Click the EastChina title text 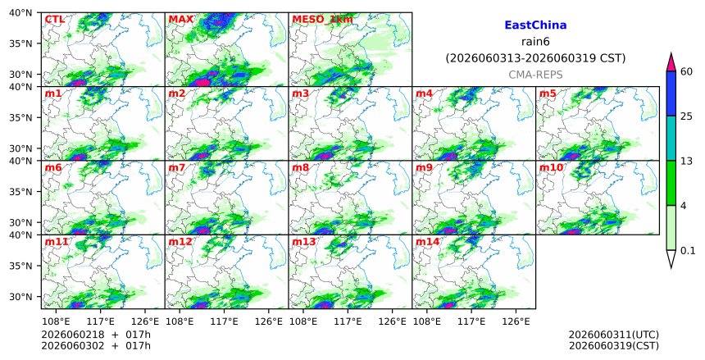click(535, 25)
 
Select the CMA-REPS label click(535, 75)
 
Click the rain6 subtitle click(535, 42)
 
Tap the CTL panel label click(54, 20)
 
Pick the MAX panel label click(180, 20)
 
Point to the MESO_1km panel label click(322, 20)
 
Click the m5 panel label click(548, 93)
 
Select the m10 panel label click(551, 168)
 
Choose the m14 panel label click(427, 242)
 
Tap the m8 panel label click(301, 168)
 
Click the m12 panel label click(180, 242)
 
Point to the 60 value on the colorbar click(686, 71)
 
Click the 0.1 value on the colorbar click(688, 251)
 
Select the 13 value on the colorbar click(686, 161)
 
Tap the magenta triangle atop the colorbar click(671, 62)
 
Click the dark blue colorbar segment click(671, 93)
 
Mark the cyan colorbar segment click(671, 138)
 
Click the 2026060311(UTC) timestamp click(614, 335)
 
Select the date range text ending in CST click(535, 58)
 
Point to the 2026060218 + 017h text click(96, 335)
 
